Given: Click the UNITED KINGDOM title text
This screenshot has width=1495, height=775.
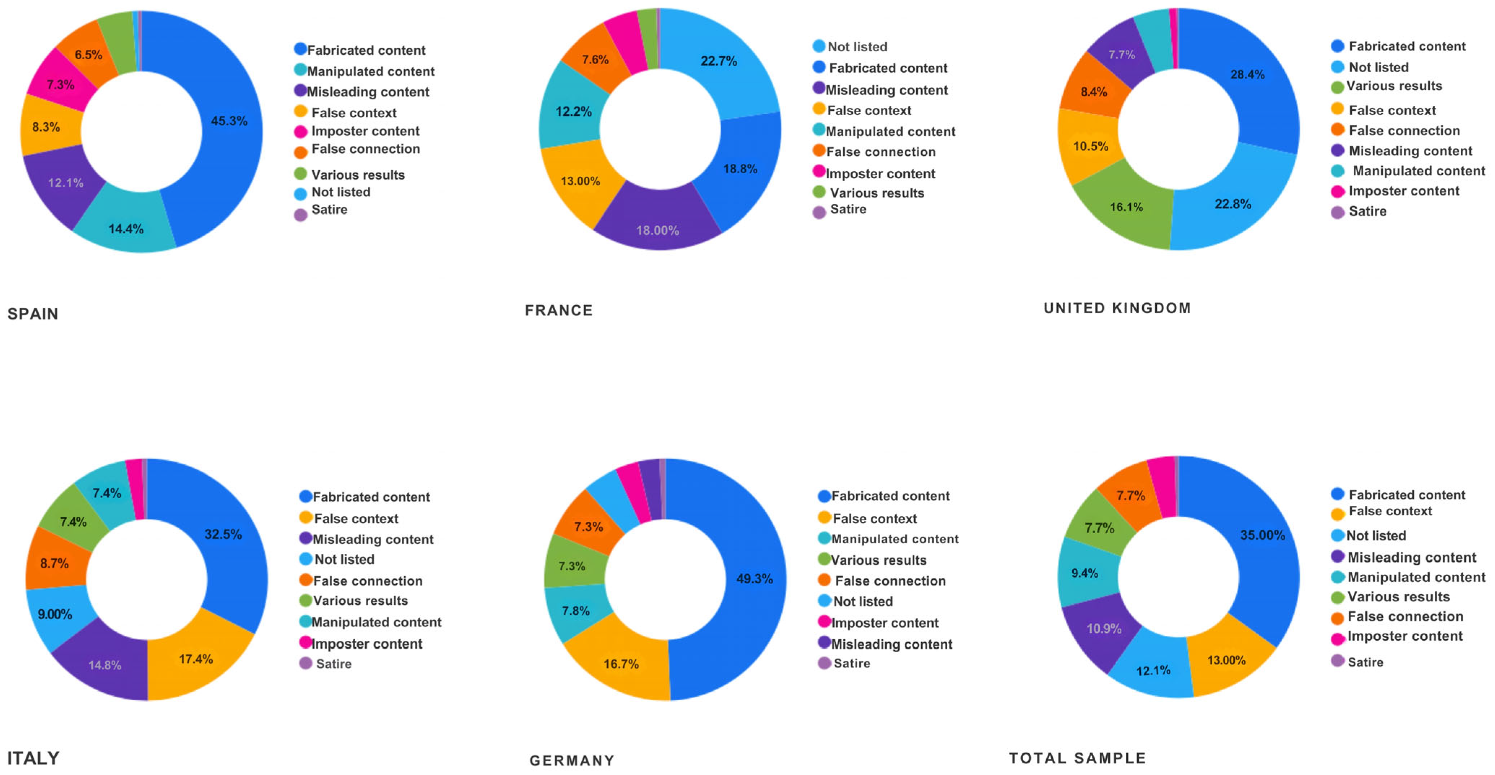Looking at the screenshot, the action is [1117, 308].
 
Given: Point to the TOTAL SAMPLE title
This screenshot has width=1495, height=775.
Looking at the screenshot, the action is [1078, 758].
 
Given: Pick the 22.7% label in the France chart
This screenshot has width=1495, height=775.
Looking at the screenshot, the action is [718, 61].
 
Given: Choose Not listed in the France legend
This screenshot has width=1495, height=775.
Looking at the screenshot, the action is [857, 47].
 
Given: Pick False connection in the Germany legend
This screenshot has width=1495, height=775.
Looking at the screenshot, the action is [890, 581].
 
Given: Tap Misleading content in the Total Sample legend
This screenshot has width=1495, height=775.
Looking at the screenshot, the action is [1412, 557].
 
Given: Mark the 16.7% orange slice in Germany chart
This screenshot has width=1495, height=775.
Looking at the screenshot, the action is [621, 661].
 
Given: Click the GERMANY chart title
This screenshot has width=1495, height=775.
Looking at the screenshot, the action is [572, 761].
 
